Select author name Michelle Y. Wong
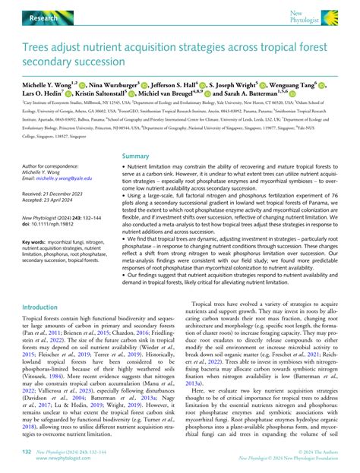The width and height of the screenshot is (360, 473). click(x=43, y=84)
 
